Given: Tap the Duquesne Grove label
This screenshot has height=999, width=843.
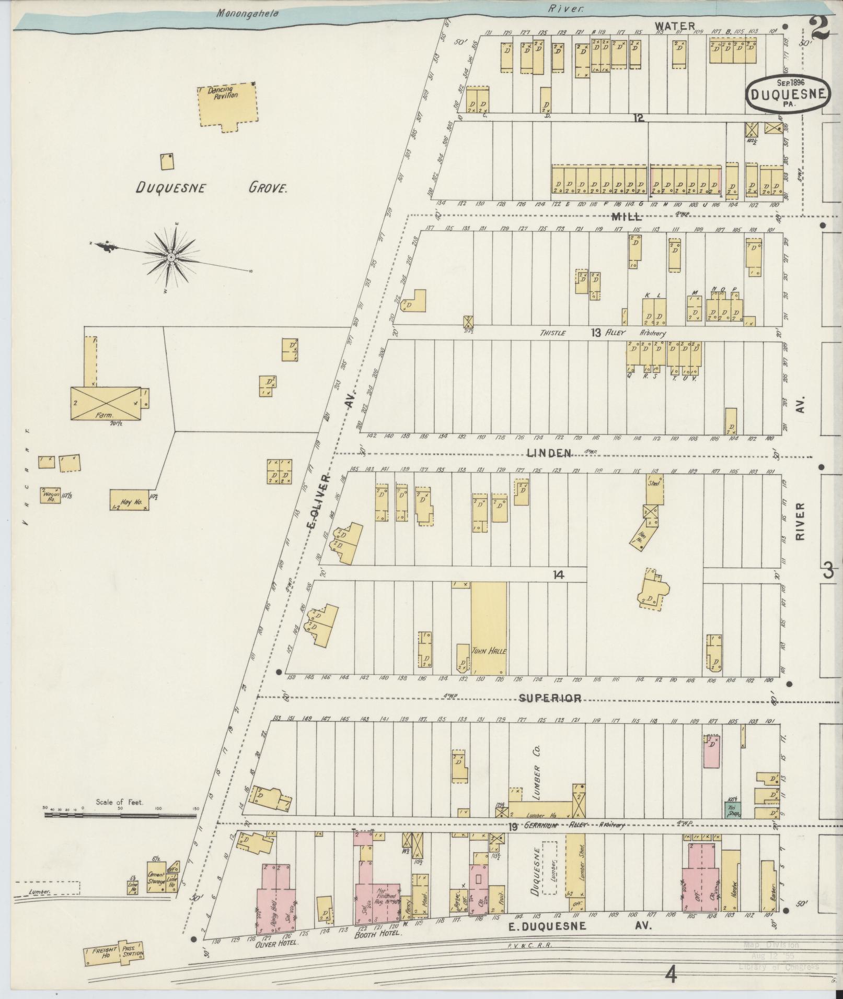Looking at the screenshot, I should (212, 187).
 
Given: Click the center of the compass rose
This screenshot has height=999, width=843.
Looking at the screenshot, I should (171, 257).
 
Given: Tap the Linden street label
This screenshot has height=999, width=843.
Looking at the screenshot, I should (549, 453).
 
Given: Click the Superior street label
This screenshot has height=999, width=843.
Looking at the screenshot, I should (550, 698).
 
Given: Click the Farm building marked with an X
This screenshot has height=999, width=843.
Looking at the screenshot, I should (106, 403).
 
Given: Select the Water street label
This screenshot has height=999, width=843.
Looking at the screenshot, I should (675, 26).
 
